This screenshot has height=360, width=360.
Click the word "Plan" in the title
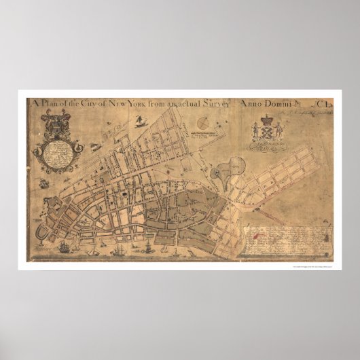(52, 103)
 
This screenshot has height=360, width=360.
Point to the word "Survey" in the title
(215, 103)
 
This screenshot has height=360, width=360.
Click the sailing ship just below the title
(141, 122)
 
